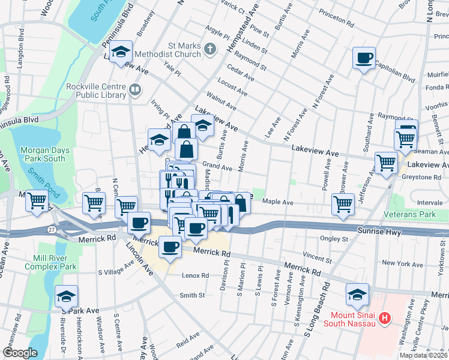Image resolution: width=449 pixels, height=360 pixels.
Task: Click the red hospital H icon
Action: point(386,317)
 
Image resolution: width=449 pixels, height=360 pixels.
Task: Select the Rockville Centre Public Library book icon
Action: point(136,91)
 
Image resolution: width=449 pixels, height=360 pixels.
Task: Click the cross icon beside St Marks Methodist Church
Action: point(209,49)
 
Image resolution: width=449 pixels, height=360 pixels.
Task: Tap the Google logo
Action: point(20,353)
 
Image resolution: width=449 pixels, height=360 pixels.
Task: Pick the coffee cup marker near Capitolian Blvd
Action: point(364,58)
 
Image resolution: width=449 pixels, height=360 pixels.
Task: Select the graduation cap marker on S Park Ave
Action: point(66,296)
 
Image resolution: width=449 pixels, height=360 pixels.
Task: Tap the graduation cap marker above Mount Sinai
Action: point(358,295)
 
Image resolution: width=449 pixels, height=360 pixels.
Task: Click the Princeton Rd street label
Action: point(335,25)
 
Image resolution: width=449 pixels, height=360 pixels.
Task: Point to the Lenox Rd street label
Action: point(196,276)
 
